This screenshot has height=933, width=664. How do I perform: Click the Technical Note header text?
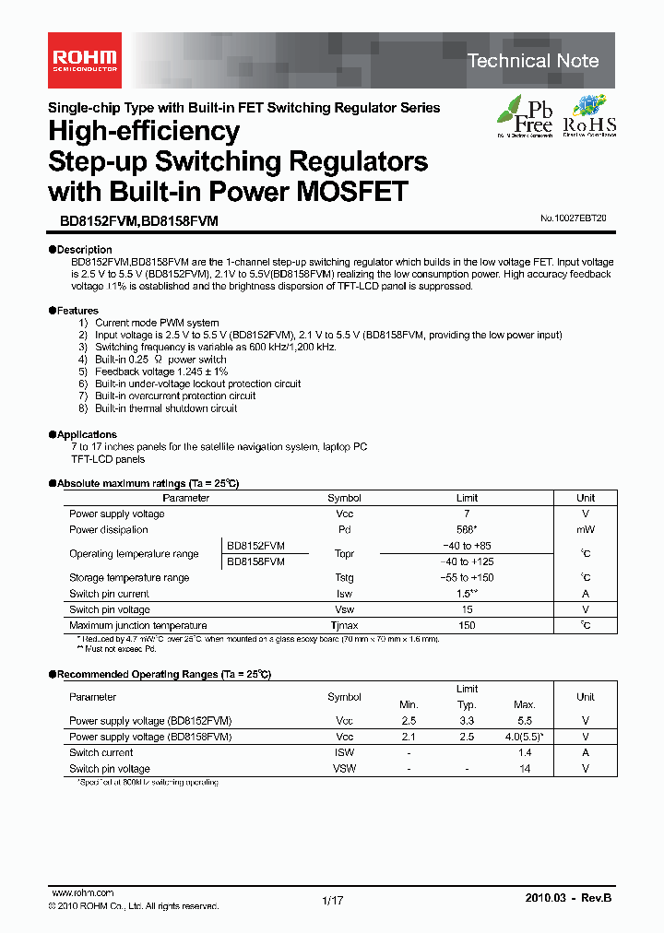pos(532,61)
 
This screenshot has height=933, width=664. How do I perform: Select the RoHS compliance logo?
pos(589,117)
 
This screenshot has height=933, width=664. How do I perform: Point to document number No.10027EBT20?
pos(573,219)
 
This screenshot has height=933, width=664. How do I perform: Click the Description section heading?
pos(84,250)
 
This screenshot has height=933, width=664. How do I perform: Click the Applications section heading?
pos(87,434)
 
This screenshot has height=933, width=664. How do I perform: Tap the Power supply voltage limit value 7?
pos(467,514)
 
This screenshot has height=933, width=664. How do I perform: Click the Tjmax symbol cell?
pos(344,626)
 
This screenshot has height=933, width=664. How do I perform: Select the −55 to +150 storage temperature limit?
pos(467,578)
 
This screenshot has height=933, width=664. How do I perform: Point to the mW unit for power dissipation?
pos(586,530)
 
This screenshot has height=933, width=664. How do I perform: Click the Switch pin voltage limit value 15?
pos(467,610)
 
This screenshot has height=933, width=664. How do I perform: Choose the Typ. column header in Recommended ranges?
pos(467,704)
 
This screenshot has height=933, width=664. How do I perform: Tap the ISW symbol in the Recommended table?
pos(344,752)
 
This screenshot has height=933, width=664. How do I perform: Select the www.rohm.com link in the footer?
pos(83,893)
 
